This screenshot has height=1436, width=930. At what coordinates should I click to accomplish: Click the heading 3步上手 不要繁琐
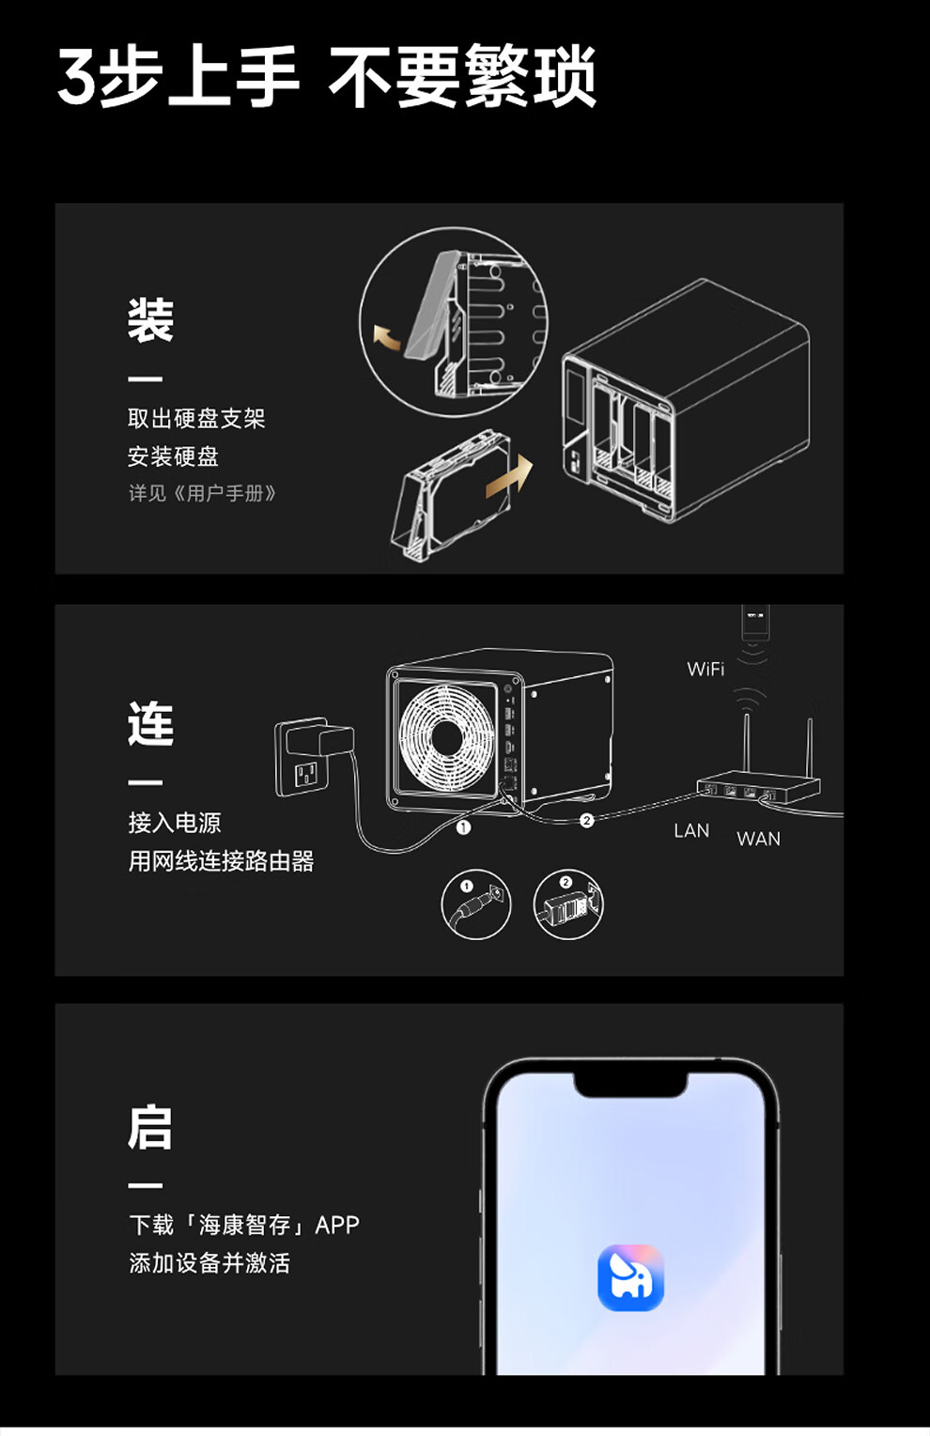pyautogui.click(x=326, y=77)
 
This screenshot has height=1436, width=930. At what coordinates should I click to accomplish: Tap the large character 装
pyautogui.click(x=150, y=319)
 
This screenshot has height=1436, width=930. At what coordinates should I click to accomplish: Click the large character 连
pyautogui.click(x=150, y=723)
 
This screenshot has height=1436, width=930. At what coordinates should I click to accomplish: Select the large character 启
pyautogui.click(x=150, y=1127)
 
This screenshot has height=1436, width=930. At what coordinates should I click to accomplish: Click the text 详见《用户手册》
pyautogui.click(x=202, y=493)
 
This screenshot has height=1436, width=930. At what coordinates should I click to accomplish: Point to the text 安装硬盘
pyautogui.click(x=173, y=456)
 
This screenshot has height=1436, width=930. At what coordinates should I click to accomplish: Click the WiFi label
pyautogui.click(x=705, y=669)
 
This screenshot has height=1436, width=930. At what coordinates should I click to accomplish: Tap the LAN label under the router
pyautogui.click(x=690, y=830)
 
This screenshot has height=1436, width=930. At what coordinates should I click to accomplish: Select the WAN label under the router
pyautogui.click(x=758, y=839)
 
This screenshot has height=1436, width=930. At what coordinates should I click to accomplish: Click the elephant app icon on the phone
pyautogui.click(x=630, y=1277)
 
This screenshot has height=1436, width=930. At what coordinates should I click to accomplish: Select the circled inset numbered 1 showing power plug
pyautogui.click(x=476, y=903)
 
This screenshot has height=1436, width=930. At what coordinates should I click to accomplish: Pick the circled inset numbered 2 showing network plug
pyautogui.click(x=567, y=903)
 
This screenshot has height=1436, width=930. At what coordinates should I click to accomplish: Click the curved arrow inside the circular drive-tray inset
pyautogui.click(x=387, y=337)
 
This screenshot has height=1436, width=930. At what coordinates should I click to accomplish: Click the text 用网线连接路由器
pyautogui.click(x=221, y=860)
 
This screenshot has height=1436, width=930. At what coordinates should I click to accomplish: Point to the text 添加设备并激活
pyautogui.click(x=209, y=1262)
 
